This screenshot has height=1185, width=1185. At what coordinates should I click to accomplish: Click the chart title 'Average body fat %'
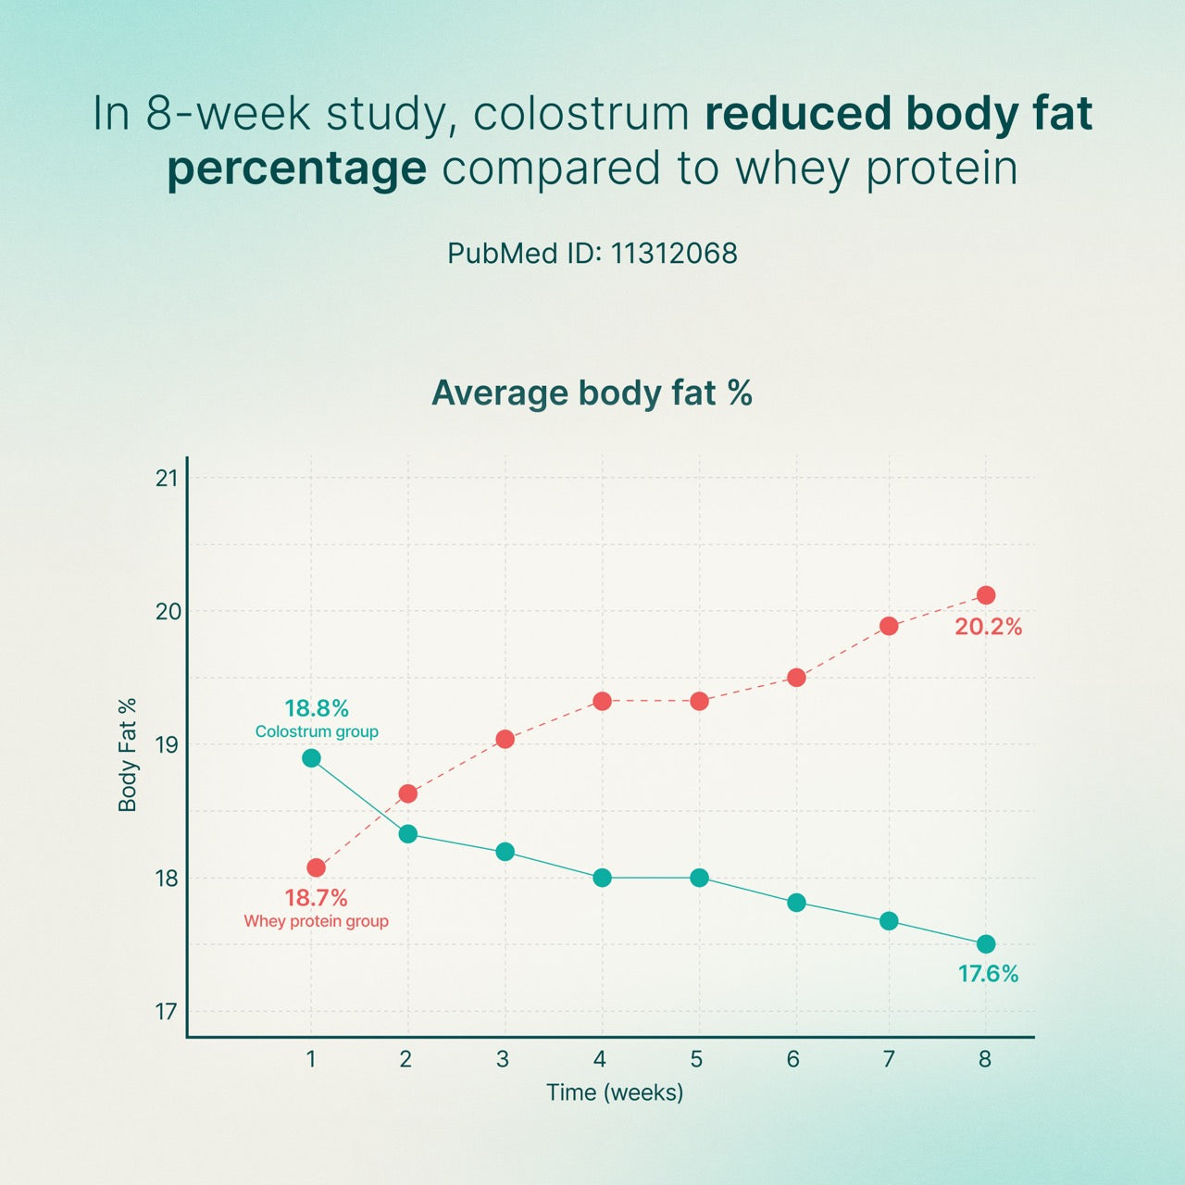pyautogui.click(x=592, y=393)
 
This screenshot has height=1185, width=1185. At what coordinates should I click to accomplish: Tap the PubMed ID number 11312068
pyautogui.click(x=674, y=254)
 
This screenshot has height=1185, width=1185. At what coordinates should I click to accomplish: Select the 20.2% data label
pyautogui.click(x=988, y=627)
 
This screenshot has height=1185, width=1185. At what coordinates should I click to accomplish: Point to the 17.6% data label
pyautogui.click(x=988, y=974)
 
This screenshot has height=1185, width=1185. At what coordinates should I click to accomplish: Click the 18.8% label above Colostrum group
pyautogui.click(x=317, y=708)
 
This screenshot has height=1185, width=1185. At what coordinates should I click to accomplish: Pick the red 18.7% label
pyautogui.click(x=316, y=898)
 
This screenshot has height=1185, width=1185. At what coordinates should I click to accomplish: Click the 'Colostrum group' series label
pyautogui.click(x=317, y=731)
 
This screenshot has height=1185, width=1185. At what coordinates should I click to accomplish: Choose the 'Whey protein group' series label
pyautogui.click(x=316, y=921)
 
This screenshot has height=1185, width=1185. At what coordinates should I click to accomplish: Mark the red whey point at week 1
pyautogui.click(x=316, y=867)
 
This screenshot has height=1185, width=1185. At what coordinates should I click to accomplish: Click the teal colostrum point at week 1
pyautogui.click(x=311, y=758)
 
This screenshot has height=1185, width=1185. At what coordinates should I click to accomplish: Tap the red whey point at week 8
pyautogui.click(x=986, y=595)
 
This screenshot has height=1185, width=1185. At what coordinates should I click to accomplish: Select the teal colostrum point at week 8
pyautogui.click(x=986, y=944)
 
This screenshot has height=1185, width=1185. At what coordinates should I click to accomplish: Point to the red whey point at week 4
pyautogui.click(x=602, y=701)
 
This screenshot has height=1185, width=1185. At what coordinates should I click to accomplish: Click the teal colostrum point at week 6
pyautogui.click(x=796, y=903)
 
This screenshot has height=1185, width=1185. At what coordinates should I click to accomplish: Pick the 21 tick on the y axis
pyautogui.click(x=167, y=478)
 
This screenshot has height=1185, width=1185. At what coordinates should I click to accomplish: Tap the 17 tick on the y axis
pyautogui.click(x=167, y=1011)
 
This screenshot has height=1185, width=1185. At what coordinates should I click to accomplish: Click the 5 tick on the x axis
pyautogui.click(x=696, y=1059)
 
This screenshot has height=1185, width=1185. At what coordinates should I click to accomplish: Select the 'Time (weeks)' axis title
pyautogui.click(x=615, y=1092)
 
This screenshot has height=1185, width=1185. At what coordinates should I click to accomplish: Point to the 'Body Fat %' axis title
pyautogui.click(x=128, y=755)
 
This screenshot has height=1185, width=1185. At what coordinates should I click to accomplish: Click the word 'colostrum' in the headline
pyautogui.click(x=581, y=114)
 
